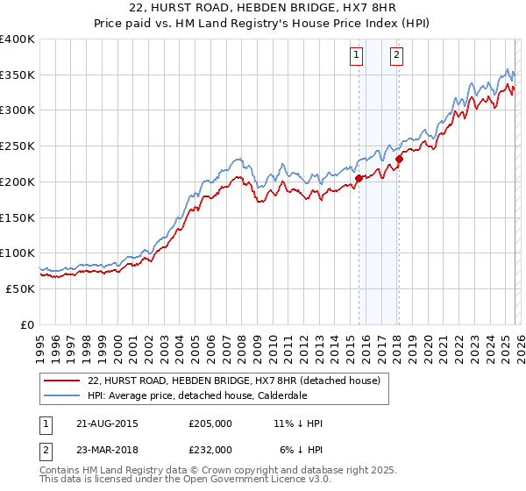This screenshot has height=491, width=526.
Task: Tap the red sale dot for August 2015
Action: pyautogui.click(x=359, y=178)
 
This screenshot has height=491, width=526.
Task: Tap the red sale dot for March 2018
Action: pyautogui.click(x=399, y=159)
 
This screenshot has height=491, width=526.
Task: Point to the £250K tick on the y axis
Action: pyautogui.click(x=18, y=146)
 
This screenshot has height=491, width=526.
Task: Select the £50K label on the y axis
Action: pyautogui.click(x=21, y=288)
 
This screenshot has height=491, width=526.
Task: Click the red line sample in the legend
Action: pyautogui.click(x=61, y=381)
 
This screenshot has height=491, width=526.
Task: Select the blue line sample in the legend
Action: pyautogui.click(x=61, y=395)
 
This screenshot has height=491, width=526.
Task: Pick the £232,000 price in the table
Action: pyautogui.click(x=210, y=449)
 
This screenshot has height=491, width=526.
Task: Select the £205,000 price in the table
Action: pyautogui.click(x=210, y=423)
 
